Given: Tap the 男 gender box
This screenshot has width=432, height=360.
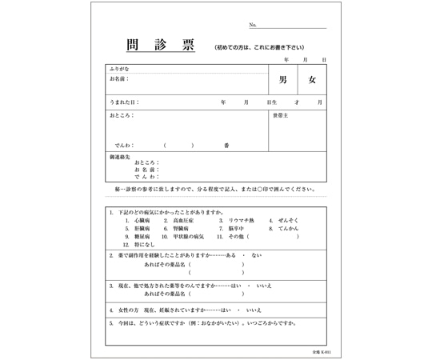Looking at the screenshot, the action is [x=283, y=80].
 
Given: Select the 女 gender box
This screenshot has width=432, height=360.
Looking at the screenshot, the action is [x=313, y=80].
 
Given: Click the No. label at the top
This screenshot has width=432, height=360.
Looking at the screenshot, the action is [x=253, y=26].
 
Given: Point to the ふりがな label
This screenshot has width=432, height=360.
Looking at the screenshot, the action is [x=118, y=70].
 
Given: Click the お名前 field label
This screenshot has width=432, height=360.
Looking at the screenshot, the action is [x=119, y=79].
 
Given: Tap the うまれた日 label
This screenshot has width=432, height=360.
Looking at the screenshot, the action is [x=123, y=102].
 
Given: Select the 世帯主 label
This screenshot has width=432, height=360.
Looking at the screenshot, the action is [x=281, y=115].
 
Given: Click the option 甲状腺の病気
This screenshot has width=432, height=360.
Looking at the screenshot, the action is [x=189, y=237].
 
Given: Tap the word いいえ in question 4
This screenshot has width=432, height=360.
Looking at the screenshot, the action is [x=254, y=309].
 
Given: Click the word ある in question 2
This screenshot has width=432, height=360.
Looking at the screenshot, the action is [x=231, y=255].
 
